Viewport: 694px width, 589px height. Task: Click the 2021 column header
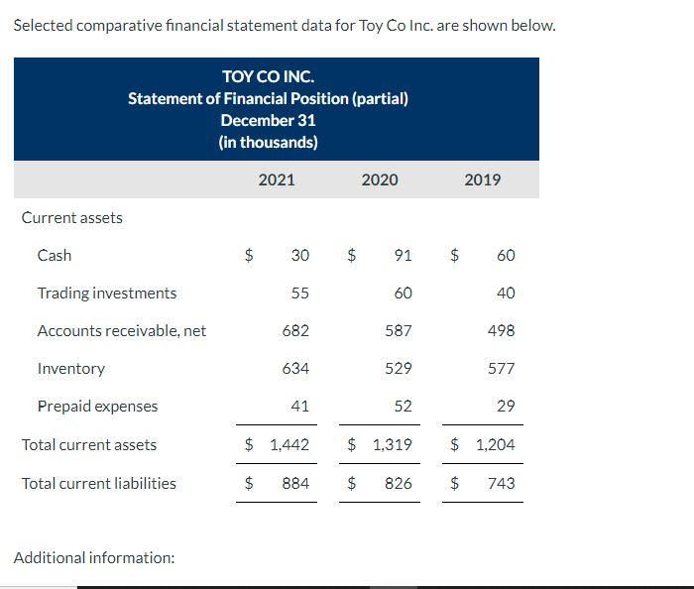point(276,179)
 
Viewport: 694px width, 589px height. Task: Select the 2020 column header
point(380,179)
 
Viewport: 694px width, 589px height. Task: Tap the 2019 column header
point(483,179)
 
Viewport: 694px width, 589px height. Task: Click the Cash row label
point(55,255)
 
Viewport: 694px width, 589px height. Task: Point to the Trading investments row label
point(107,293)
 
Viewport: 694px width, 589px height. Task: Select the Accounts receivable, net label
point(122,330)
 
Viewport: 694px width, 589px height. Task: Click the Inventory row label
point(71,368)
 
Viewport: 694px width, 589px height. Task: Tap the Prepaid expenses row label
point(97,406)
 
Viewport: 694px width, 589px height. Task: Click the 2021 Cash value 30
point(299,255)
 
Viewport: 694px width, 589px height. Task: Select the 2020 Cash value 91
point(403,255)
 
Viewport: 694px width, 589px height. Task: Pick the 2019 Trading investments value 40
point(506,293)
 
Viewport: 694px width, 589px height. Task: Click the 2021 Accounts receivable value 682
point(295,330)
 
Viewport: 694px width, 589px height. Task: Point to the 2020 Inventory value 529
point(399,368)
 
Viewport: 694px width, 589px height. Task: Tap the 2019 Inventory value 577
point(502,368)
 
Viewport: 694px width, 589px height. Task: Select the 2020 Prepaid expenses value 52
point(403,406)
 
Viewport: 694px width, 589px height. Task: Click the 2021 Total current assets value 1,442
point(289,444)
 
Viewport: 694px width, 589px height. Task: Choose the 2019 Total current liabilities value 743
point(502,483)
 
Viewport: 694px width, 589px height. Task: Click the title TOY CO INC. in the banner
point(268,76)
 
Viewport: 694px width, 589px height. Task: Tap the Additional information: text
point(94,557)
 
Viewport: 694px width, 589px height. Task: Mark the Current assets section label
point(72,217)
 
